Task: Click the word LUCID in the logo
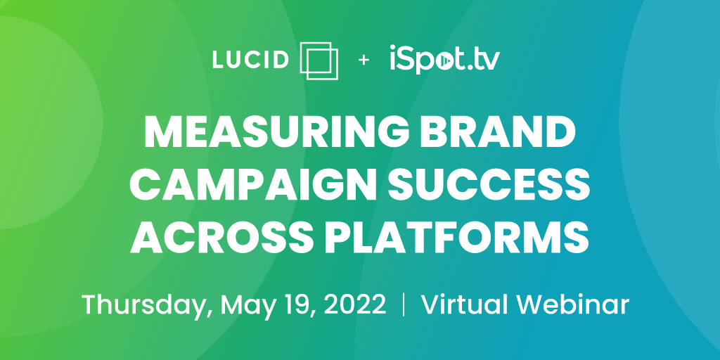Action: click(250, 60)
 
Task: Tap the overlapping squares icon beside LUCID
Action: click(319, 60)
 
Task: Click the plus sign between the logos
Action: click(364, 60)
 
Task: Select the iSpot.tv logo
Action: click(444, 59)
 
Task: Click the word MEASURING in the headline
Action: click(276, 131)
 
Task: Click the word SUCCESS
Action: click(484, 184)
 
